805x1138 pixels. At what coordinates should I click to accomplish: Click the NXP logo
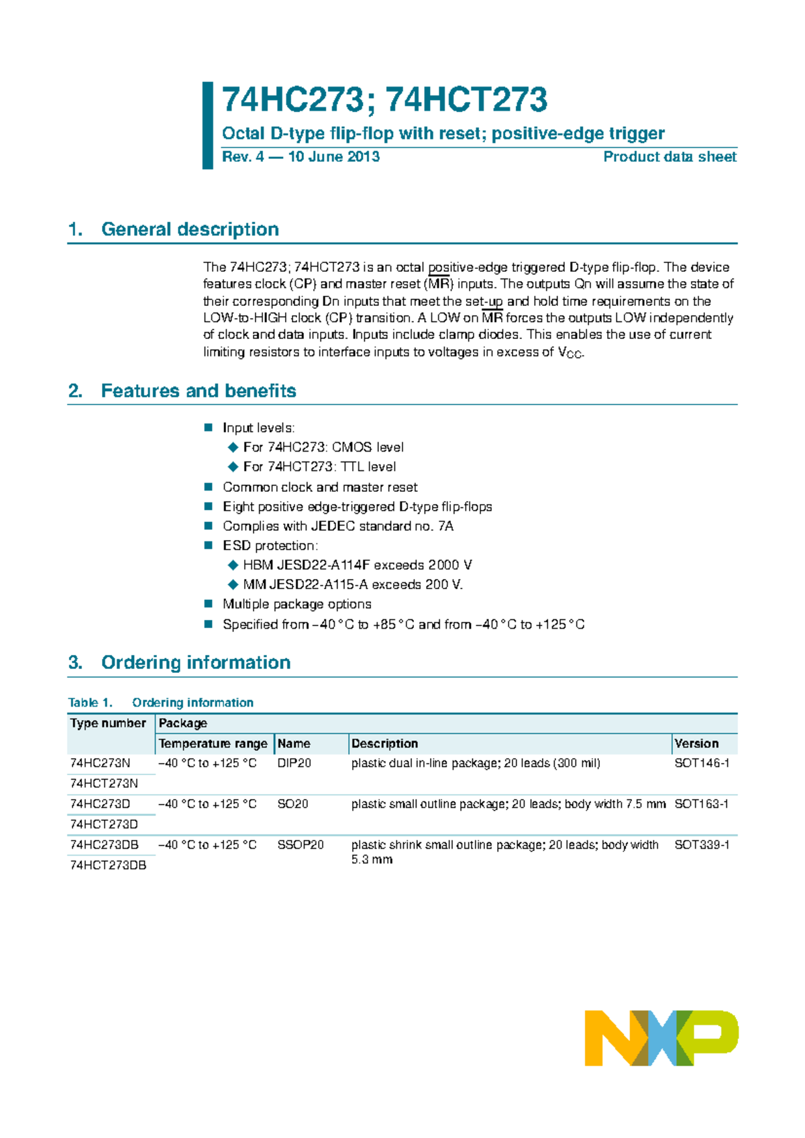[661, 1037]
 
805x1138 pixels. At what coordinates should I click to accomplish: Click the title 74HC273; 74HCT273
[384, 100]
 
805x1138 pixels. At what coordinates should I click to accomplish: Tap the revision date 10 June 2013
[333, 157]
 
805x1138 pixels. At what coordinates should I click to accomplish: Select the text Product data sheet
[669, 157]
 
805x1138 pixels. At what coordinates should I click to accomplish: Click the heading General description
[190, 229]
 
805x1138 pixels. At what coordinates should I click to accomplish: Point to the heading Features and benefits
[198, 391]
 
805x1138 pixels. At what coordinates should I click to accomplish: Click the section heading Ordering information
[195, 663]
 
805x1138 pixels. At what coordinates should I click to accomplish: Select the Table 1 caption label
[90, 703]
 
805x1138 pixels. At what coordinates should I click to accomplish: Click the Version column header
[696, 743]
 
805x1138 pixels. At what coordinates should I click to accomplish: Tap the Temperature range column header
[213, 743]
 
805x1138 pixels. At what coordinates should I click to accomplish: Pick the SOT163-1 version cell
[701, 804]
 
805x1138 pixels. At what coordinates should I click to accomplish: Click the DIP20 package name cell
[294, 763]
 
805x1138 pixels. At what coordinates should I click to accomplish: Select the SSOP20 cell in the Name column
[300, 845]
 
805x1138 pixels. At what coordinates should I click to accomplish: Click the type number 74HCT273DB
[108, 866]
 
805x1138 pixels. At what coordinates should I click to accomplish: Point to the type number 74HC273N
[100, 763]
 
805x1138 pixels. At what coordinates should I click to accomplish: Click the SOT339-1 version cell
[701, 845]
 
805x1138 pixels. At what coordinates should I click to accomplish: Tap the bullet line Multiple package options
[297, 604]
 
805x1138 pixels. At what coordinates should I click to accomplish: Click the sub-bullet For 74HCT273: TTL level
[319, 466]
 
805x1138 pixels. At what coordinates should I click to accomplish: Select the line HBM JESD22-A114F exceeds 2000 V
[357, 565]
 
